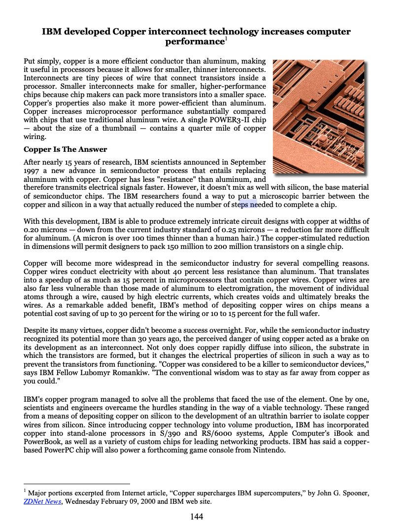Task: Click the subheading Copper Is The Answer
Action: (x=65, y=149)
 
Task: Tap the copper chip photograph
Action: (x=318, y=117)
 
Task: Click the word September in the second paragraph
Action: (x=249, y=162)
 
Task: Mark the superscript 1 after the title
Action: (x=226, y=38)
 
